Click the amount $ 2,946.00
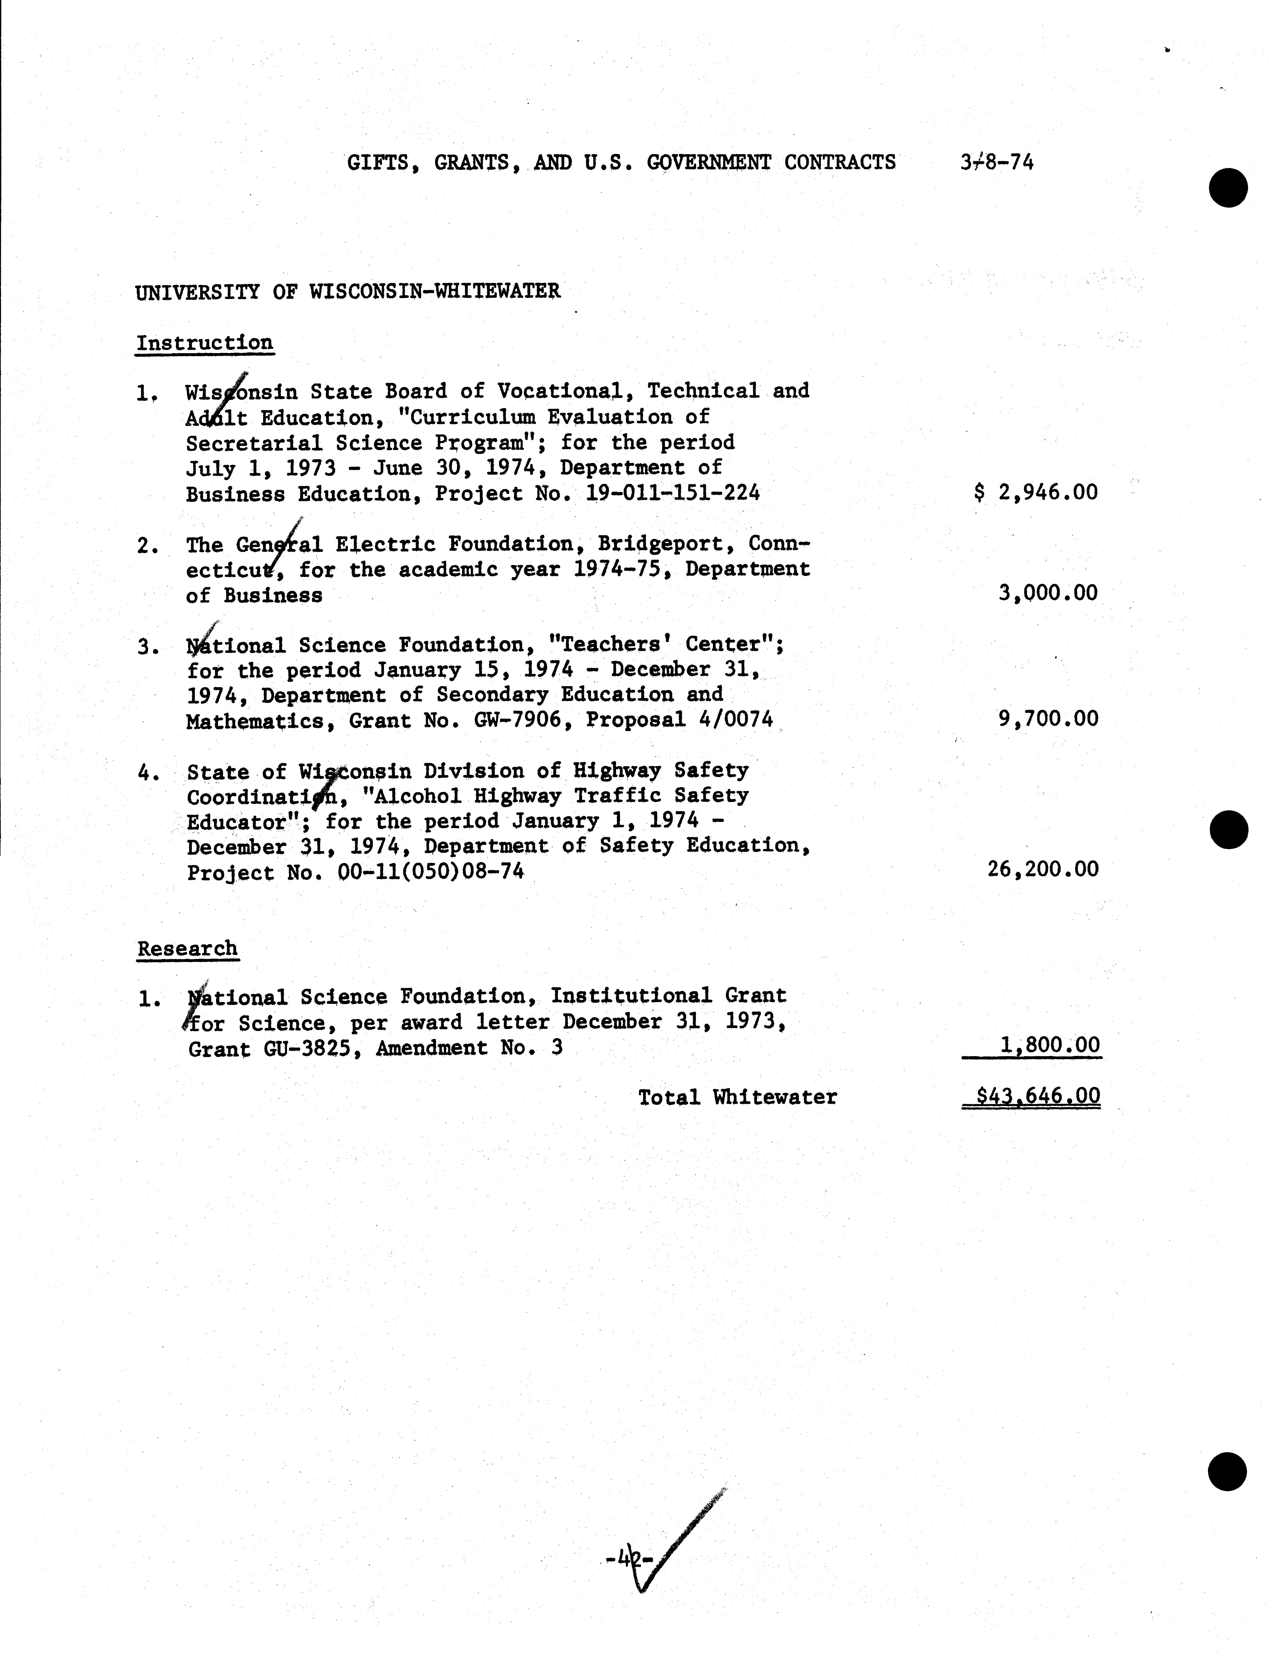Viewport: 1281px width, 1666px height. tap(1036, 492)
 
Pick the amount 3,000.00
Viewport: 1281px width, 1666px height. tap(1048, 593)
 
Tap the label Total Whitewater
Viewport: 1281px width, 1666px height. tap(737, 1098)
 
